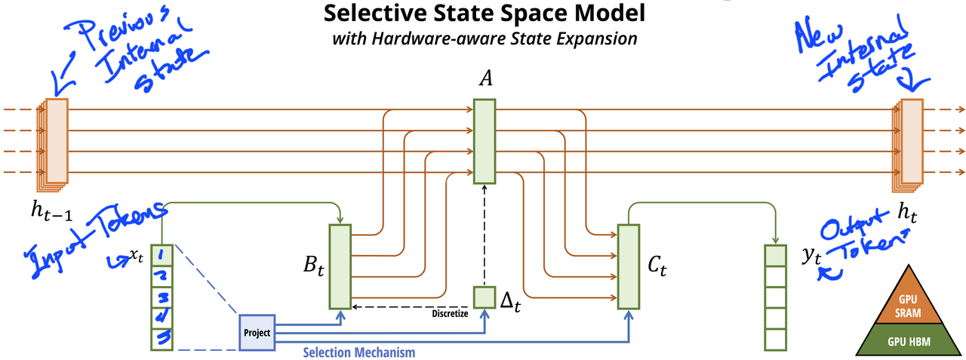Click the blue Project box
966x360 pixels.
coord(257,332)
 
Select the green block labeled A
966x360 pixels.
coord(485,143)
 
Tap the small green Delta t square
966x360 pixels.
coord(484,297)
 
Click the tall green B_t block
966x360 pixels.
coord(340,266)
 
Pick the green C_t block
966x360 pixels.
coord(628,266)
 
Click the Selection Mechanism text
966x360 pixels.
coord(358,352)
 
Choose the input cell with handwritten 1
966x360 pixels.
coord(163,257)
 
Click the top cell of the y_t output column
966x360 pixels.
coord(774,257)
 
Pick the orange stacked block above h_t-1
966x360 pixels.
coord(55,141)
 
